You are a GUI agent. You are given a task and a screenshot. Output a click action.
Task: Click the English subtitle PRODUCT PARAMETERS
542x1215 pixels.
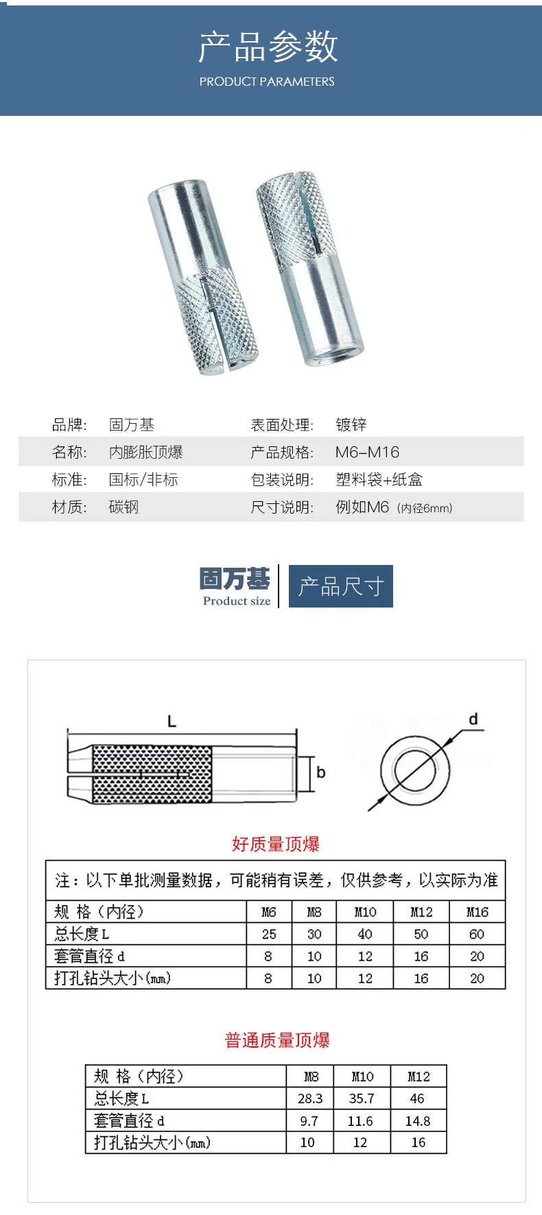pyautogui.click(x=267, y=82)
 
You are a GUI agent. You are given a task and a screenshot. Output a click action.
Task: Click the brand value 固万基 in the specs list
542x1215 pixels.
pyautogui.click(x=132, y=425)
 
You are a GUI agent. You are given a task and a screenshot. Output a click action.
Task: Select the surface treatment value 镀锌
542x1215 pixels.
pyautogui.click(x=351, y=425)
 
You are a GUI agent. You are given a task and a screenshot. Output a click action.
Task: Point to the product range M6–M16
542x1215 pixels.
pyautogui.click(x=367, y=453)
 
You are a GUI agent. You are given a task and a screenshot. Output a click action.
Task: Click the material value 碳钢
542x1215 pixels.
pyautogui.click(x=123, y=507)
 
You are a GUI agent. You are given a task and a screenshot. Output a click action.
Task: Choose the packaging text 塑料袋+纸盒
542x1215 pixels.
pyautogui.click(x=379, y=480)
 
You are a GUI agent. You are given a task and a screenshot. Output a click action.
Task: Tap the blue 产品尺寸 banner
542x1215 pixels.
pyautogui.click(x=341, y=586)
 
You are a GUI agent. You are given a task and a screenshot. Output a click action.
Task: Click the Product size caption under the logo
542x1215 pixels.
pyautogui.click(x=237, y=601)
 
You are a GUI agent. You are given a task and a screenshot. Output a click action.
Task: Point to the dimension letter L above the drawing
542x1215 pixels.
pyautogui.click(x=172, y=721)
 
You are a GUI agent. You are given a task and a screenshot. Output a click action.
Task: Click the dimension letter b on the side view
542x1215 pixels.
pyautogui.click(x=320, y=773)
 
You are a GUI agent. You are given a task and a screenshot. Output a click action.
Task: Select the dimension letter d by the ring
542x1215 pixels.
pyautogui.click(x=473, y=719)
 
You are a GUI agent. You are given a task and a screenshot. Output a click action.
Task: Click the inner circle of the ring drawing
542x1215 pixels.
pyautogui.click(x=416, y=771)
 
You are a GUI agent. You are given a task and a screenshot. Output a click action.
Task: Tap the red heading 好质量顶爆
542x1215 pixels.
pyautogui.click(x=276, y=844)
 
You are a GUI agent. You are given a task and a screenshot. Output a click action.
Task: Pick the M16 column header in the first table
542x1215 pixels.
pyautogui.click(x=478, y=912)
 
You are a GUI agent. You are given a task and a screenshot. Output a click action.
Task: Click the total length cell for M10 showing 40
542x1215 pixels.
pyautogui.click(x=365, y=934)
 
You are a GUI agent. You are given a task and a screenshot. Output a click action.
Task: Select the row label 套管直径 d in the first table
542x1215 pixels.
pyautogui.click(x=90, y=956)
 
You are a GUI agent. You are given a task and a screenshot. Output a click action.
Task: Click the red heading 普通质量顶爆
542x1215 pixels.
pyautogui.click(x=277, y=1040)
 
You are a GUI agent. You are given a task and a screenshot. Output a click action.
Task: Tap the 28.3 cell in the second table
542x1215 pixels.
pyautogui.click(x=310, y=1098)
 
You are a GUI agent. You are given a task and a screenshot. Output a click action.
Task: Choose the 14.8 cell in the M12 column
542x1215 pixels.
pyautogui.click(x=418, y=1121)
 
